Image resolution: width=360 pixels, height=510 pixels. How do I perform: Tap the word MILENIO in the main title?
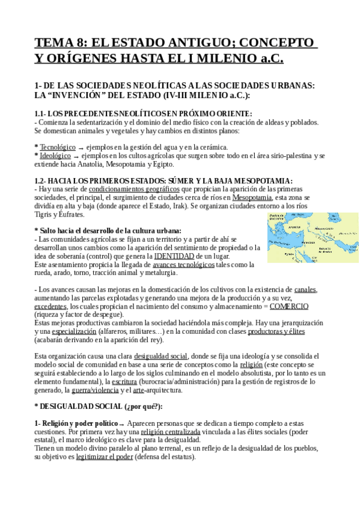pyautogui.click(x=213, y=58)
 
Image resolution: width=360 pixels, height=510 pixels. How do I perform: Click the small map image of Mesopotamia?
pyautogui.click(x=313, y=237)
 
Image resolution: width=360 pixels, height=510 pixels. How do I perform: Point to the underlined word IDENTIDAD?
pyautogui.click(x=174, y=256)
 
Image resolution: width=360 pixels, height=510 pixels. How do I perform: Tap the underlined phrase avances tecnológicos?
pyautogui.click(x=183, y=265)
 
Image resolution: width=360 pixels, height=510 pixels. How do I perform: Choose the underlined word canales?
pyautogui.click(x=306, y=289)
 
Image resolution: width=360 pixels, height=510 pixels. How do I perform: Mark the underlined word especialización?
pyautogui.click(x=74, y=331)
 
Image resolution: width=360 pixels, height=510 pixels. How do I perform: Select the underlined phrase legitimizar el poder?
pyautogui.click(x=105, y=457)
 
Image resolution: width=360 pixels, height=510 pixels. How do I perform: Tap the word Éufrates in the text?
pyautogui.click(x=72, y=214)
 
